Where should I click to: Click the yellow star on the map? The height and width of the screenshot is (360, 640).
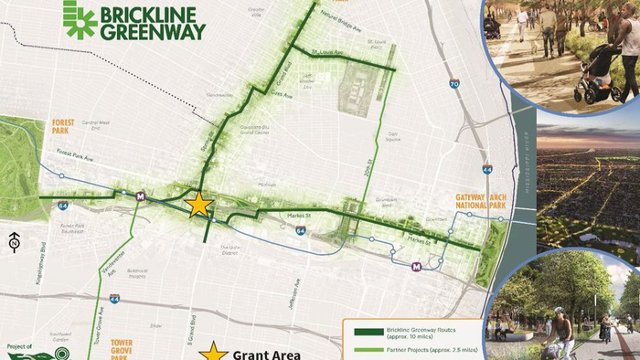tap(198, 204)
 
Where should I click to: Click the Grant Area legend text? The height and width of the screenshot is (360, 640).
tap(267, 353)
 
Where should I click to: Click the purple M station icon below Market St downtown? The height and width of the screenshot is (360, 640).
tap(417, 267)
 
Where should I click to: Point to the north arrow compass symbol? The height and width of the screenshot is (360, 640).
tap(15, 243)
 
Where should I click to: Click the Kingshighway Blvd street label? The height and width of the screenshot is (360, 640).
tap(43, 259)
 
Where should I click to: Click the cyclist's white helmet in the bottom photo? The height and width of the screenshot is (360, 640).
tap(558, 311)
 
